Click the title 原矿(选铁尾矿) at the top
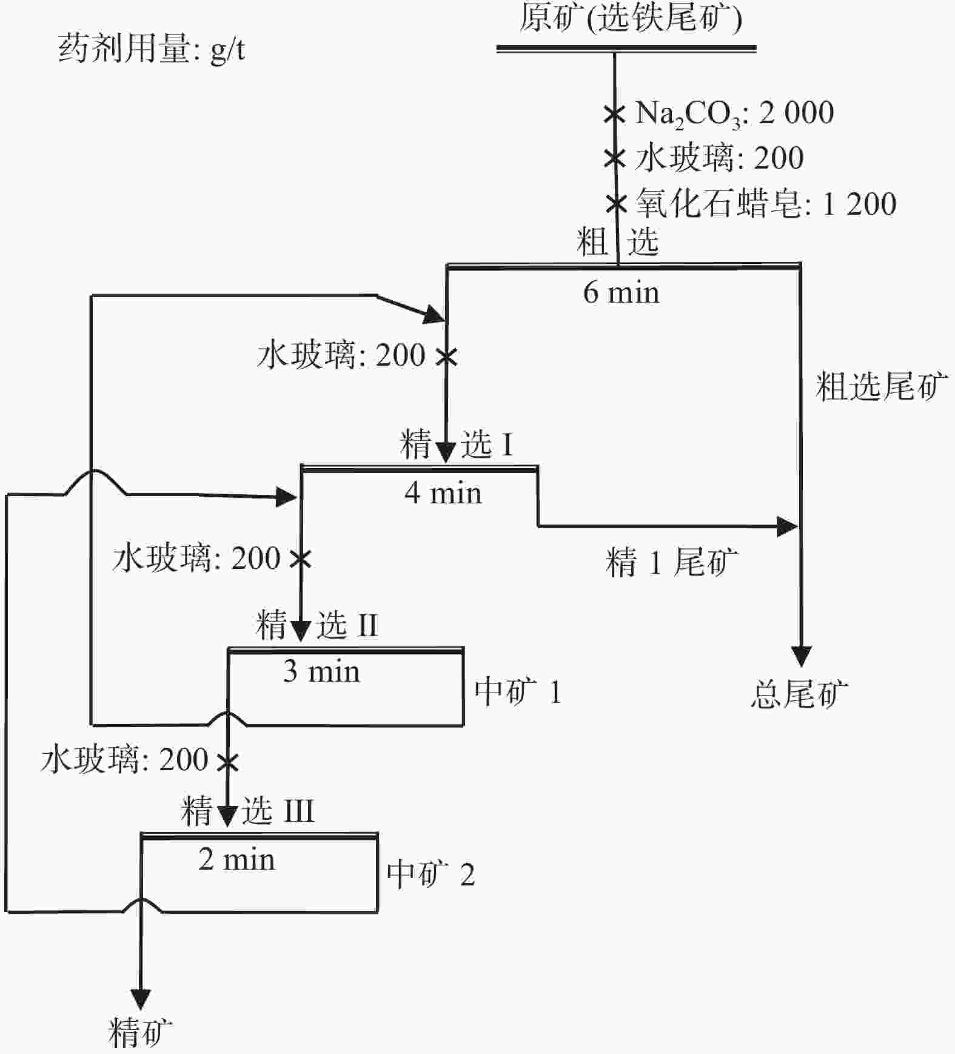tap(630, 18)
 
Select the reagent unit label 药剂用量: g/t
tap(152, 49)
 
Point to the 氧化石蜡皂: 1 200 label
tap(766, 204)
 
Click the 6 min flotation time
tap(621, 293)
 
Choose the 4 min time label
tap(443, 493)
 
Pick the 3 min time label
tap(321, 672)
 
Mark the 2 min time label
tap(236, 860)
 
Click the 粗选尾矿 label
tap(882, 386)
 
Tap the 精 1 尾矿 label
tap(672, 562)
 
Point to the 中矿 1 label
tap(518, 692)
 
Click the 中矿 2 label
tap(431, 875)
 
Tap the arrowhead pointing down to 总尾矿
tap(801, 656)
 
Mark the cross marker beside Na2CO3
tap(614, 113)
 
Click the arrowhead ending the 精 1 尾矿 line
tap(787, 526)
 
